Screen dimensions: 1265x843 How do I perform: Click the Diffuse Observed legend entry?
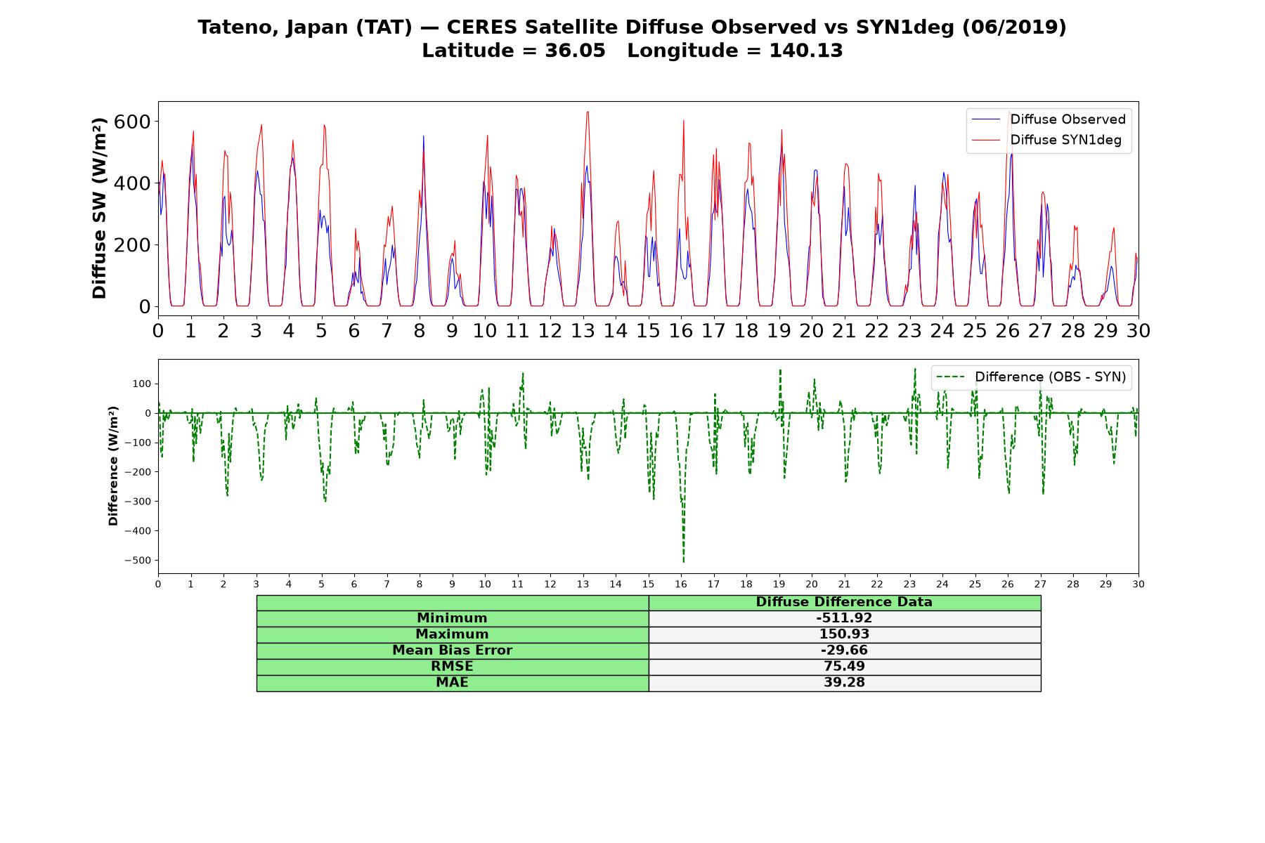point(1049,119)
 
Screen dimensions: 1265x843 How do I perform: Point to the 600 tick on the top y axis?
point(133,122)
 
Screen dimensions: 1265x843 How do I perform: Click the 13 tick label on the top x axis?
point(583,331)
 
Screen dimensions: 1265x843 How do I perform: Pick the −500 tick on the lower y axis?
point(138,561)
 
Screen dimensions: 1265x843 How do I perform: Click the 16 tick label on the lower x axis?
point(680,584)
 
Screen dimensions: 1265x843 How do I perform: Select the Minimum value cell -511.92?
point(844,618)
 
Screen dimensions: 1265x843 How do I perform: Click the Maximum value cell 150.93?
point(844,634)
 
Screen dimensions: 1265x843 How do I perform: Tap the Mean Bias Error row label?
point(452,651)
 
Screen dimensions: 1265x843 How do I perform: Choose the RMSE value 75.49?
point(844,667)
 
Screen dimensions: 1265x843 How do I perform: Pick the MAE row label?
point(452,683)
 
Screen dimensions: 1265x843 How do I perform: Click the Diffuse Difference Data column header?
point(844,602)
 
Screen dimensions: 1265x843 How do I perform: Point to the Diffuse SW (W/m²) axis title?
point(99,208)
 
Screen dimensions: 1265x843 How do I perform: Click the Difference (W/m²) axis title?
point(113,466)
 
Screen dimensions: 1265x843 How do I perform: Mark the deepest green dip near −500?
point(684,561)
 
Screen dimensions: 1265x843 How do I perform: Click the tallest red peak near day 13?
point(588,112)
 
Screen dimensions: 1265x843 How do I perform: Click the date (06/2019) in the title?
point(1014,27)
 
